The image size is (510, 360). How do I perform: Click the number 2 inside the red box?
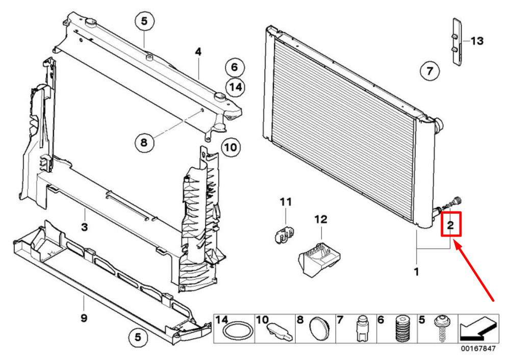pyautogui.click(x=450, y=225)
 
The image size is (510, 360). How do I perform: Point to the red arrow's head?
pyautogui.click(x=456, y=243)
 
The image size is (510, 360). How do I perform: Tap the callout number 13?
pyautogui.click(x=477, y=41)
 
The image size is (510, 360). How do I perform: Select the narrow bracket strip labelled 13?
pyautogui.click(x=457, y=41)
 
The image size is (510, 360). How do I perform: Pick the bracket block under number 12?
pyautogui.click(x=319, y=259)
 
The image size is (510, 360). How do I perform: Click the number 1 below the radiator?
pyautogui.click(x=416, y=272)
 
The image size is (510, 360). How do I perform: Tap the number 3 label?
pyautogui.click(x=84, y=226)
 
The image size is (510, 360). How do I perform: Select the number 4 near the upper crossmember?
pyautogui.click(x=198, y=52)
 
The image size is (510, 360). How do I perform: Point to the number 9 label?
pyautogui.click(x=84, y=317)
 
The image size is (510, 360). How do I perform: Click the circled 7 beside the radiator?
pyautogui.click(x=429, y=70)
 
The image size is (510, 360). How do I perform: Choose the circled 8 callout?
pyautogui.click(x=144, y=142)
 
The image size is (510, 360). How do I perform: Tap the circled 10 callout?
pyautogui.click(x=231, y=147)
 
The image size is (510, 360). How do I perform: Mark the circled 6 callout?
pyautogui.click(x=235, y=67)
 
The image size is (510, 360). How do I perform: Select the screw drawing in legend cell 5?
pyautogui.click(x=441, y=328)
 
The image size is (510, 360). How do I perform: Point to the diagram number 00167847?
pyautogui.click(x=478, y=349)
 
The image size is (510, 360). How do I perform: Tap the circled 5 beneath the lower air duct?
pyautogui.click(x=138, y=337)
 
